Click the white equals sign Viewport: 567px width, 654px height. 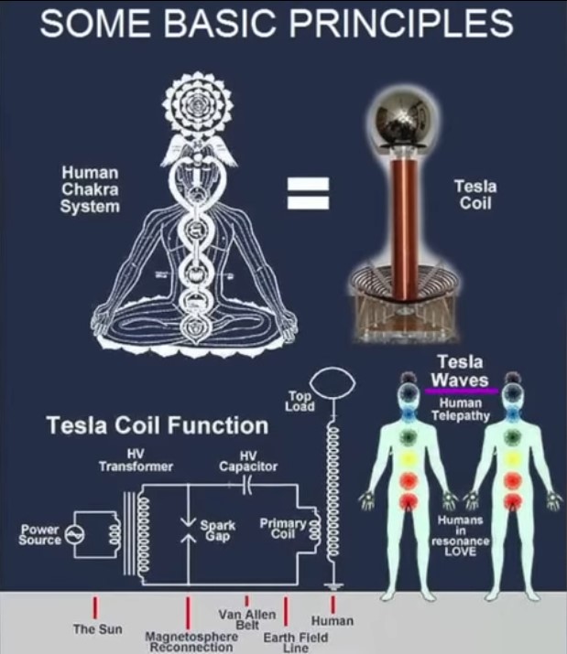[308, 193]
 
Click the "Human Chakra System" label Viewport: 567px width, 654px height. [90, 189]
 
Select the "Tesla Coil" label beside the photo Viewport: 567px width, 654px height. [475, 194]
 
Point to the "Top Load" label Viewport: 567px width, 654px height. [300, 401]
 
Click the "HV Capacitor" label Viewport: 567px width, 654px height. [248, 461]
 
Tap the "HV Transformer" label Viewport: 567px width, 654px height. [136, 460]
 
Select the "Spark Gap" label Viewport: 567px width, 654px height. [218, 531]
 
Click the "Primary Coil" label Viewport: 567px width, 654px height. [283, 529]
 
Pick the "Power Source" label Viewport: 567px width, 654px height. [39, 535]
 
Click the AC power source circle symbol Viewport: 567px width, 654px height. [76, 534]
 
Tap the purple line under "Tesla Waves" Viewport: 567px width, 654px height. [462, 391]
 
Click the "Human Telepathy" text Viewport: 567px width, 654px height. [461, 410]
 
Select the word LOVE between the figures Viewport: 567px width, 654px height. [460, 552]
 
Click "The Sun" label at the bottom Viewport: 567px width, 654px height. [97, 629]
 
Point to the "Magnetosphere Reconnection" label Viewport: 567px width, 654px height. [191, 642]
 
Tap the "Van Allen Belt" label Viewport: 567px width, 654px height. [247, 620]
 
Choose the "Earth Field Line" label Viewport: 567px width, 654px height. [296, 642]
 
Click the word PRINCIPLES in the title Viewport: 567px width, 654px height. [401, 23]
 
